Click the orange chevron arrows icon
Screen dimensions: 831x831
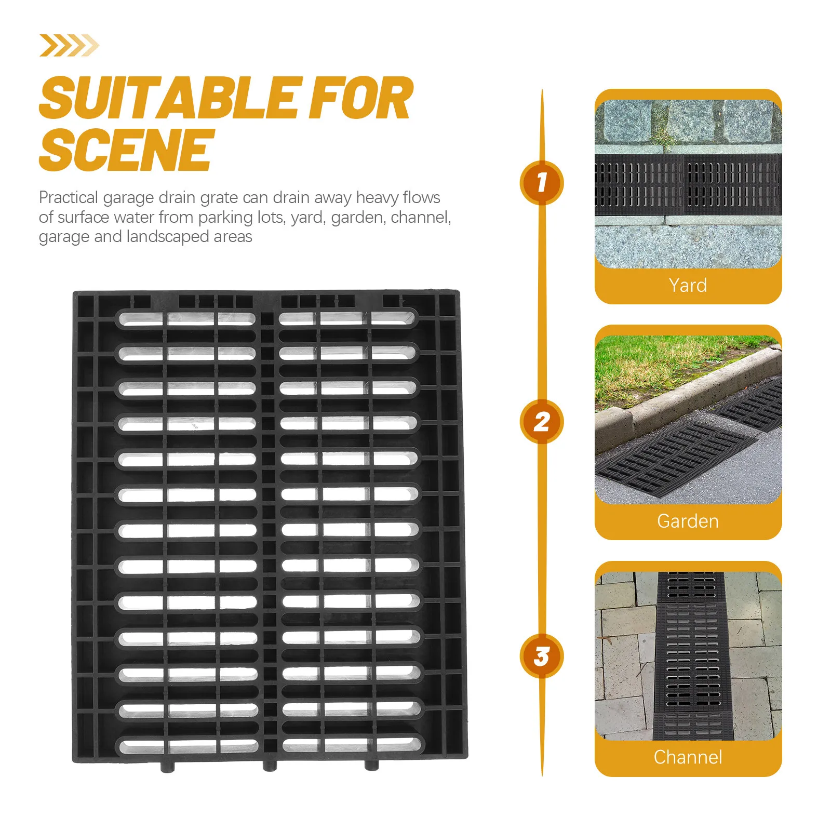click(69, 45)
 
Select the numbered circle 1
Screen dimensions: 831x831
click(541, 182)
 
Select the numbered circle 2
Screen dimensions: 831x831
click(541, 421)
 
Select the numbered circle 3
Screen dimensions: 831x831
click(541, 656)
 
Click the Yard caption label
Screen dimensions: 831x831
click(688, 285)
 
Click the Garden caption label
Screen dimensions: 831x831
click(688, 521)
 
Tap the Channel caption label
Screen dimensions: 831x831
click(688, 757)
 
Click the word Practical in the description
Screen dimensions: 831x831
click(68, 198)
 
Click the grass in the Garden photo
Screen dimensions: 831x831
click(654, 364)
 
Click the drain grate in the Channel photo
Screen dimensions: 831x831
click(691, 660)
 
